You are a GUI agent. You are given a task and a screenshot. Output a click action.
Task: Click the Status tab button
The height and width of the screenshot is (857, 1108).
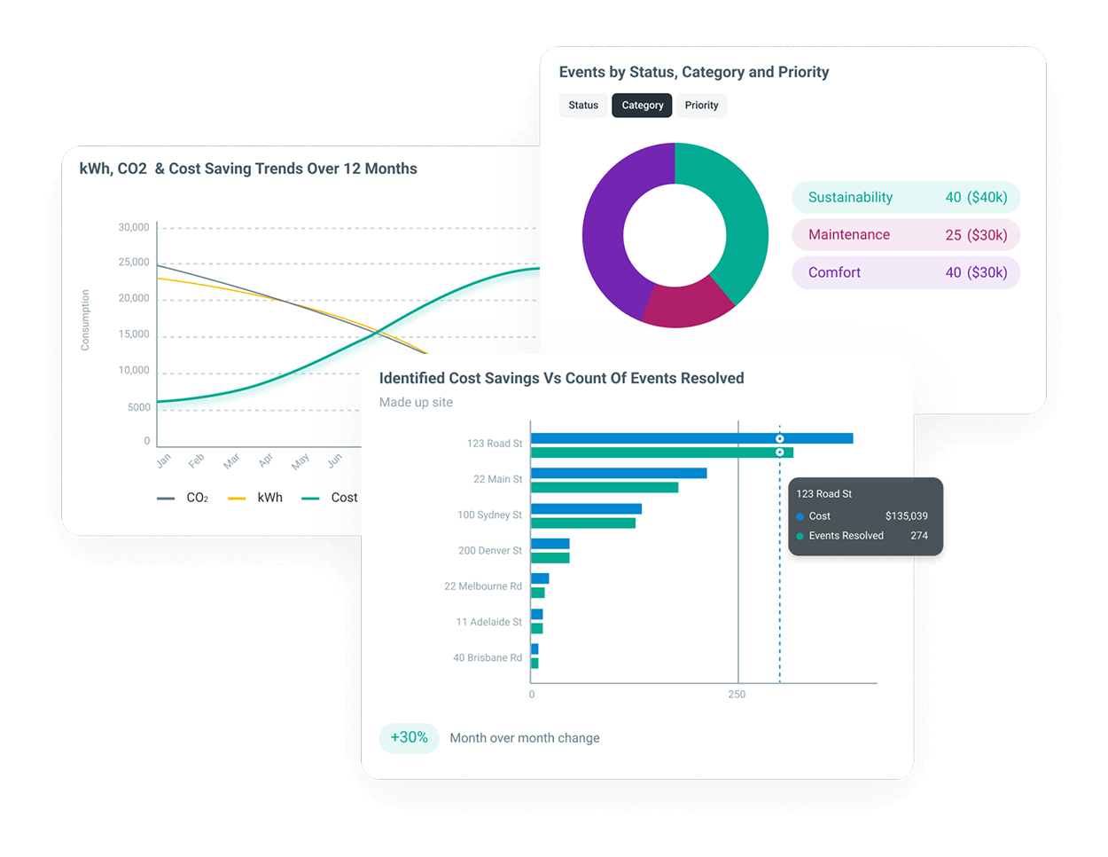[583, 105]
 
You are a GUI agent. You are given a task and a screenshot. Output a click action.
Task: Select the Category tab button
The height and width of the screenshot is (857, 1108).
[642, 105]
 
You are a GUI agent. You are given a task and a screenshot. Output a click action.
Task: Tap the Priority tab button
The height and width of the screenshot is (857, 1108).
[701, 105]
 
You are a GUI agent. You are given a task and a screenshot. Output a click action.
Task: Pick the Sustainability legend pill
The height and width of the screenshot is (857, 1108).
[906, 198]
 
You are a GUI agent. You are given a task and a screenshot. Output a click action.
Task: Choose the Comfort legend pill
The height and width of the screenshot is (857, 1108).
[906, 272]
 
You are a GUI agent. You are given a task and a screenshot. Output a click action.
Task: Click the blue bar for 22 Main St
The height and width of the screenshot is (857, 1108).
[619, 473]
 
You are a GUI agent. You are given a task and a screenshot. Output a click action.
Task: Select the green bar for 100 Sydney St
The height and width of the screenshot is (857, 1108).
[583, 523]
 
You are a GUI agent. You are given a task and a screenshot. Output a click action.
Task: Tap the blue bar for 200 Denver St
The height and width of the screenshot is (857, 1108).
[550, 544]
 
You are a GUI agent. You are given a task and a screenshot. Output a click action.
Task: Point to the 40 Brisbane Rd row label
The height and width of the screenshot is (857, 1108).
[488, 657]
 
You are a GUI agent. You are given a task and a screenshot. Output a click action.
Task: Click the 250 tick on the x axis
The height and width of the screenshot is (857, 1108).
[737, 695]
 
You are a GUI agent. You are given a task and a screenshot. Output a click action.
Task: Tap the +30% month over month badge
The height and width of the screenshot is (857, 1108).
[409, 737]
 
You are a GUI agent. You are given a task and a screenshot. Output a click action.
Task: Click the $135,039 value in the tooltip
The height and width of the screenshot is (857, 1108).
[907, 515]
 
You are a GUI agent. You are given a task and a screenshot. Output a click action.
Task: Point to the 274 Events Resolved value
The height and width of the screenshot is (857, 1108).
[919, 536]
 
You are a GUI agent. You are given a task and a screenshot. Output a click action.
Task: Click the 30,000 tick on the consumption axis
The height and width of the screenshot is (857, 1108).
[134, 227]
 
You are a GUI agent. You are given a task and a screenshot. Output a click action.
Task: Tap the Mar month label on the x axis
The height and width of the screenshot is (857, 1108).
[231, 460]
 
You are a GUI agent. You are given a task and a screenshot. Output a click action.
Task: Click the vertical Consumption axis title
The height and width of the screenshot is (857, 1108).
[84, 320]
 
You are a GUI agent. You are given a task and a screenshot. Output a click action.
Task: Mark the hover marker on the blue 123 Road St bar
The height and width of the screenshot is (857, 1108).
[780, 438]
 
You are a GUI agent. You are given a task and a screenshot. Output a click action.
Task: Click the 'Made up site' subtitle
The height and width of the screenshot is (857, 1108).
[416, 402]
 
